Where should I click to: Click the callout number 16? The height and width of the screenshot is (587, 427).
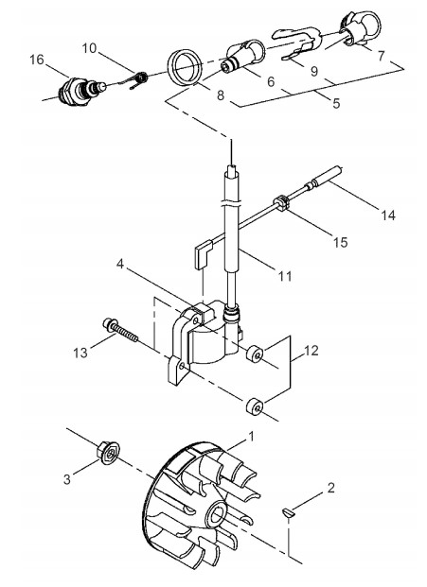click(37, 60)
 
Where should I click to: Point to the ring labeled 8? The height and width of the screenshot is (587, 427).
click(185, 67)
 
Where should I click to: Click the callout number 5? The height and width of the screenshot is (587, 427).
click(336, 103)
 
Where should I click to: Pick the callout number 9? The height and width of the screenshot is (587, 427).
click(314, 71)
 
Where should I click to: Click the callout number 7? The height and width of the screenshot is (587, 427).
click(381, 56)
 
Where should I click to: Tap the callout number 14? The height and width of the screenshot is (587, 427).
click(388, 216)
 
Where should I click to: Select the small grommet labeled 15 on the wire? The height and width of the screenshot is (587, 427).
click(283, 203)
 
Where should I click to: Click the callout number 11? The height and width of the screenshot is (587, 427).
click(285, 276)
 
